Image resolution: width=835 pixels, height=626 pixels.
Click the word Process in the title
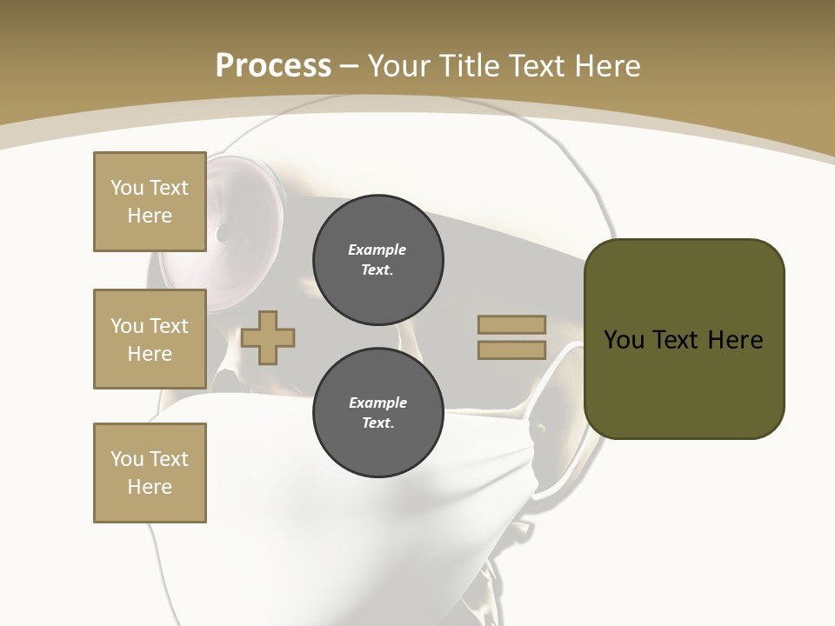[x=273, y=65]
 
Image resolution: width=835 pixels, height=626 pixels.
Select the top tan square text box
[x=150, y=202]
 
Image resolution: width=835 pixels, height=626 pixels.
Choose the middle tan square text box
[x=150, y=339]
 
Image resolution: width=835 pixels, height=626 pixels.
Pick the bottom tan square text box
[x=150, y=473]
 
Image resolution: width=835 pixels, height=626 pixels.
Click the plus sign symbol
[x=268, y=336]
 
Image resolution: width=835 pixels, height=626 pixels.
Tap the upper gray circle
[x=377, y=260]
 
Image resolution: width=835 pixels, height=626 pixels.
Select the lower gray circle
[x=377, y=413]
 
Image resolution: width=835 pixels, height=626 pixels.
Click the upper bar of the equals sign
[x=512, y=324]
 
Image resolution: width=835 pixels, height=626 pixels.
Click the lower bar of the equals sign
[x=512, y=350]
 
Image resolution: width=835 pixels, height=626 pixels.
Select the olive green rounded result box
[x=684, y=383]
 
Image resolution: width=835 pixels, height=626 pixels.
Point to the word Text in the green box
[x=683, y=340]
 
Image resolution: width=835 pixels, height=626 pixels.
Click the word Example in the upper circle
[x=377, y=250]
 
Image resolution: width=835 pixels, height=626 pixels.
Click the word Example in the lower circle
[x=377, y=403]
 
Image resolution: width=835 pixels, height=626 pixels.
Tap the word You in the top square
[x=127, y=188]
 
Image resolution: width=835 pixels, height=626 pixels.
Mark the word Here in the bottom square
[x=150, y=487]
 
